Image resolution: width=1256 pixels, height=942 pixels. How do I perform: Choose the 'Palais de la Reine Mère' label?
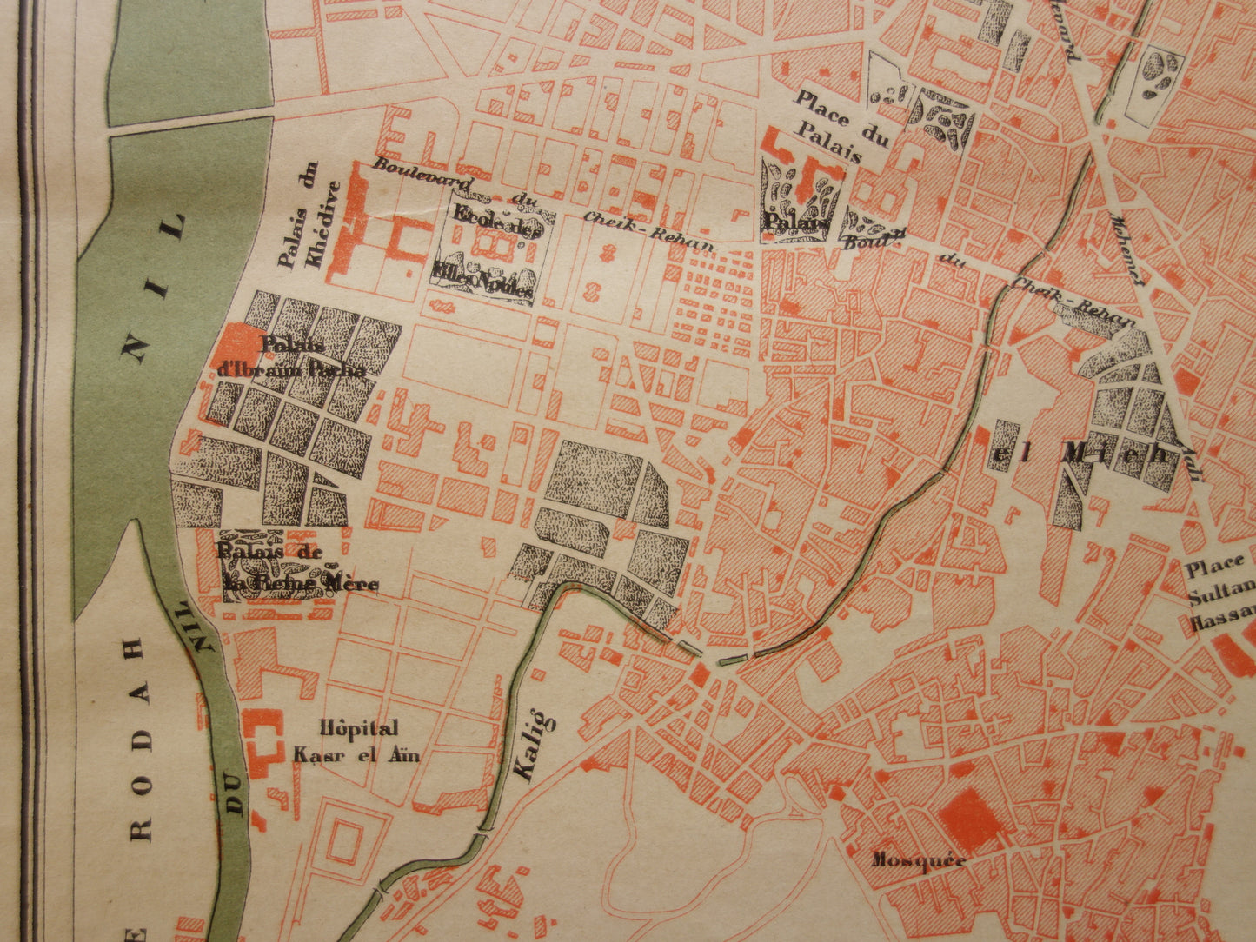click(x=296, y=569)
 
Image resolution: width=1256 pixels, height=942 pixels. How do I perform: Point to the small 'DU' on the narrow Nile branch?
click(x=236, y=801)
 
